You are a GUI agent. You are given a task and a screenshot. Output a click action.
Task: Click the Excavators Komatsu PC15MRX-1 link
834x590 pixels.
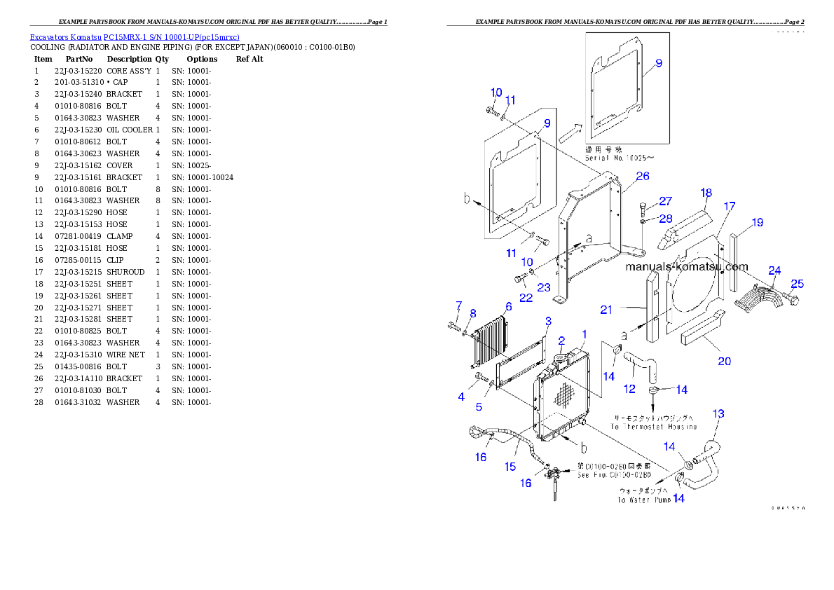(134, 37)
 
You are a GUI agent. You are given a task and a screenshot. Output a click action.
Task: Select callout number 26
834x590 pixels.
(643, 176)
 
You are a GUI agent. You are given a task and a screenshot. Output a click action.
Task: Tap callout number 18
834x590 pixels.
(706, 193)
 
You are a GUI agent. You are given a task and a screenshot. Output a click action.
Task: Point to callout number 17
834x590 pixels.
(730, 206)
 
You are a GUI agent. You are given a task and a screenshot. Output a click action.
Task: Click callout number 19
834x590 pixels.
(757, 223)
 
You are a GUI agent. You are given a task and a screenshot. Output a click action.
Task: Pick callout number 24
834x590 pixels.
(774, 270)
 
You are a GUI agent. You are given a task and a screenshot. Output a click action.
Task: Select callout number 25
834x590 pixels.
(797, 284)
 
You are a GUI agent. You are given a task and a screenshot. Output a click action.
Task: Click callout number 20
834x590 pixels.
(724, 361)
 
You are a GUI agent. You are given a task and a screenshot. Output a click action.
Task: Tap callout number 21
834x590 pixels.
(606, 309)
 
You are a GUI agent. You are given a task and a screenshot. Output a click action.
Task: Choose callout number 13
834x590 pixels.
(718, 414)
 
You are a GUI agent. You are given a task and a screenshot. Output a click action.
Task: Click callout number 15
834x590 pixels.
(510, 467)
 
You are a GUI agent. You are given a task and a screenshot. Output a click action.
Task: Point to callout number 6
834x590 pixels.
(508, 307)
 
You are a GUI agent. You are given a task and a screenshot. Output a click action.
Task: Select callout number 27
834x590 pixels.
(665, 201)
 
